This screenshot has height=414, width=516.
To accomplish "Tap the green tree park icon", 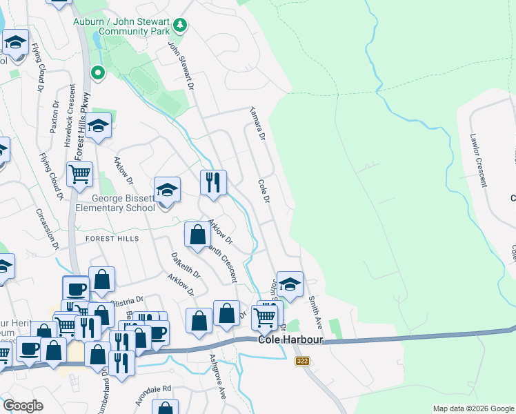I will [x=180, y=26].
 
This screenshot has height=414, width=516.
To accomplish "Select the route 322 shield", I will [x=301, y=361].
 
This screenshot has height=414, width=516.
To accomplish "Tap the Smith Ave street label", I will [x=316, y=311].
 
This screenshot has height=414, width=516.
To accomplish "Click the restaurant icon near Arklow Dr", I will [x=213, y=183].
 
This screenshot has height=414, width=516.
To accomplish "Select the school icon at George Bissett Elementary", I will [x=167, y=190].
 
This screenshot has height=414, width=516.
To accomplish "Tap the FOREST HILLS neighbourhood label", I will [x=112, y=239].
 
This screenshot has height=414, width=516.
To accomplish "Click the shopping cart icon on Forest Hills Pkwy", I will [x=80, y=175].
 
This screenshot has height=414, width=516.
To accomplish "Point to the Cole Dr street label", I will [x=263, y=191].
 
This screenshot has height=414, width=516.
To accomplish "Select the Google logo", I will [x=23, y=406].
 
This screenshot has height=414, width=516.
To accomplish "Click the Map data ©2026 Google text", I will [x=473, y=409].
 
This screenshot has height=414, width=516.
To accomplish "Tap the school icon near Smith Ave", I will [x=290, y=284].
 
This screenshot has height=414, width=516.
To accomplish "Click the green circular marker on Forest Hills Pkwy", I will [x=98, y=72].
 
